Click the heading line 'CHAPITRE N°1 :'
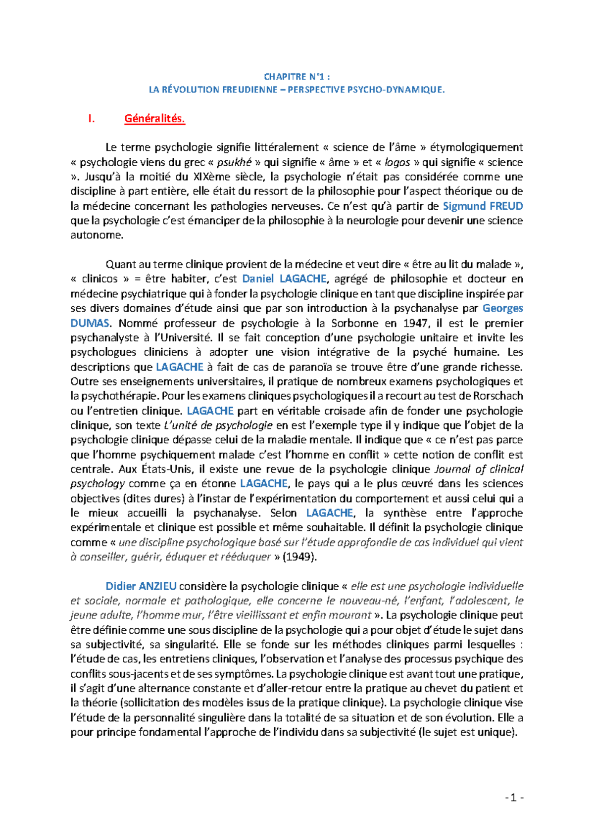click(297, 77)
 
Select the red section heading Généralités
click(154, 119)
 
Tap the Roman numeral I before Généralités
click(91, 119)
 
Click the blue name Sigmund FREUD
click(483, 206)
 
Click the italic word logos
click(397, 163)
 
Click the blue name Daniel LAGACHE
click(284, 279)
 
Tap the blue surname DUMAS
click(90, 324)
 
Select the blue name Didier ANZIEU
click(141, 586)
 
